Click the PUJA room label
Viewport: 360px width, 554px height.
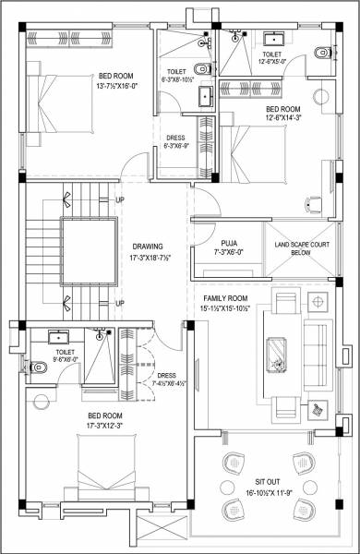tap(230, 242)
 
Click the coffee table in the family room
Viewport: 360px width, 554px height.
tap(276, 350)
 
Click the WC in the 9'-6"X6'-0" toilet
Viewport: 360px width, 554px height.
tap(38, 367)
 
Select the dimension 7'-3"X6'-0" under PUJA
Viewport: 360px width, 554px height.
tap(230, 252)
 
